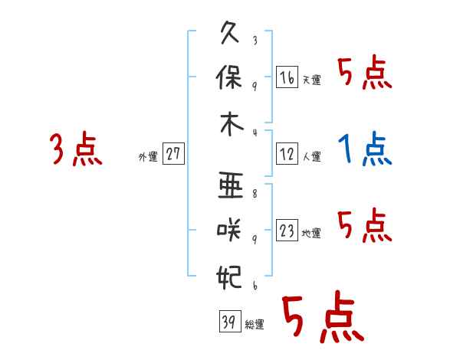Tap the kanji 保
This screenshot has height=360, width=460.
(230, 79)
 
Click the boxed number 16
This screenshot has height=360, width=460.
(287, 78)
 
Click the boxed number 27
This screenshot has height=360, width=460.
(172, 154)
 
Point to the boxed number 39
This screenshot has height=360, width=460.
(228, 322)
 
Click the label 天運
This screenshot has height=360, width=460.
(310, 80)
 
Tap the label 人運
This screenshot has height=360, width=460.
(310, 156)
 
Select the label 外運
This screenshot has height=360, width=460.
(148, 156)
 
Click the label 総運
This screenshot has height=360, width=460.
(254, 324)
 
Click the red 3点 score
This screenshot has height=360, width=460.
(75, 149)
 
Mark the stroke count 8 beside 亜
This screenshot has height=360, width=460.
(254, 195)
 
